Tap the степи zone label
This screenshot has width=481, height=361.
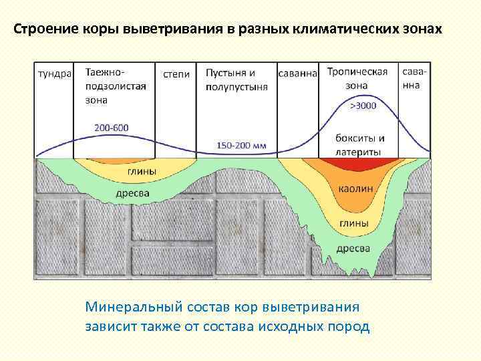(176, 74)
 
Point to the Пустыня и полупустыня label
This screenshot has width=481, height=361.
(236, 80)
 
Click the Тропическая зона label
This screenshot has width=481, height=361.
(357, 79)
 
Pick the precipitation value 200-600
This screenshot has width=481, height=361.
(112, 128)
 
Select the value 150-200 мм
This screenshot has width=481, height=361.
(242, 144)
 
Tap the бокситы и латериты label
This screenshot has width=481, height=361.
(360, 145)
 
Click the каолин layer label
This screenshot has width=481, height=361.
(355, 189)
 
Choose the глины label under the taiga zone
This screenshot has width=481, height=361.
(142, 171)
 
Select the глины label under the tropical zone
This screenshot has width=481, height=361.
(353, 223)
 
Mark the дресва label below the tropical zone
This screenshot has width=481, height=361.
(353, 248)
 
